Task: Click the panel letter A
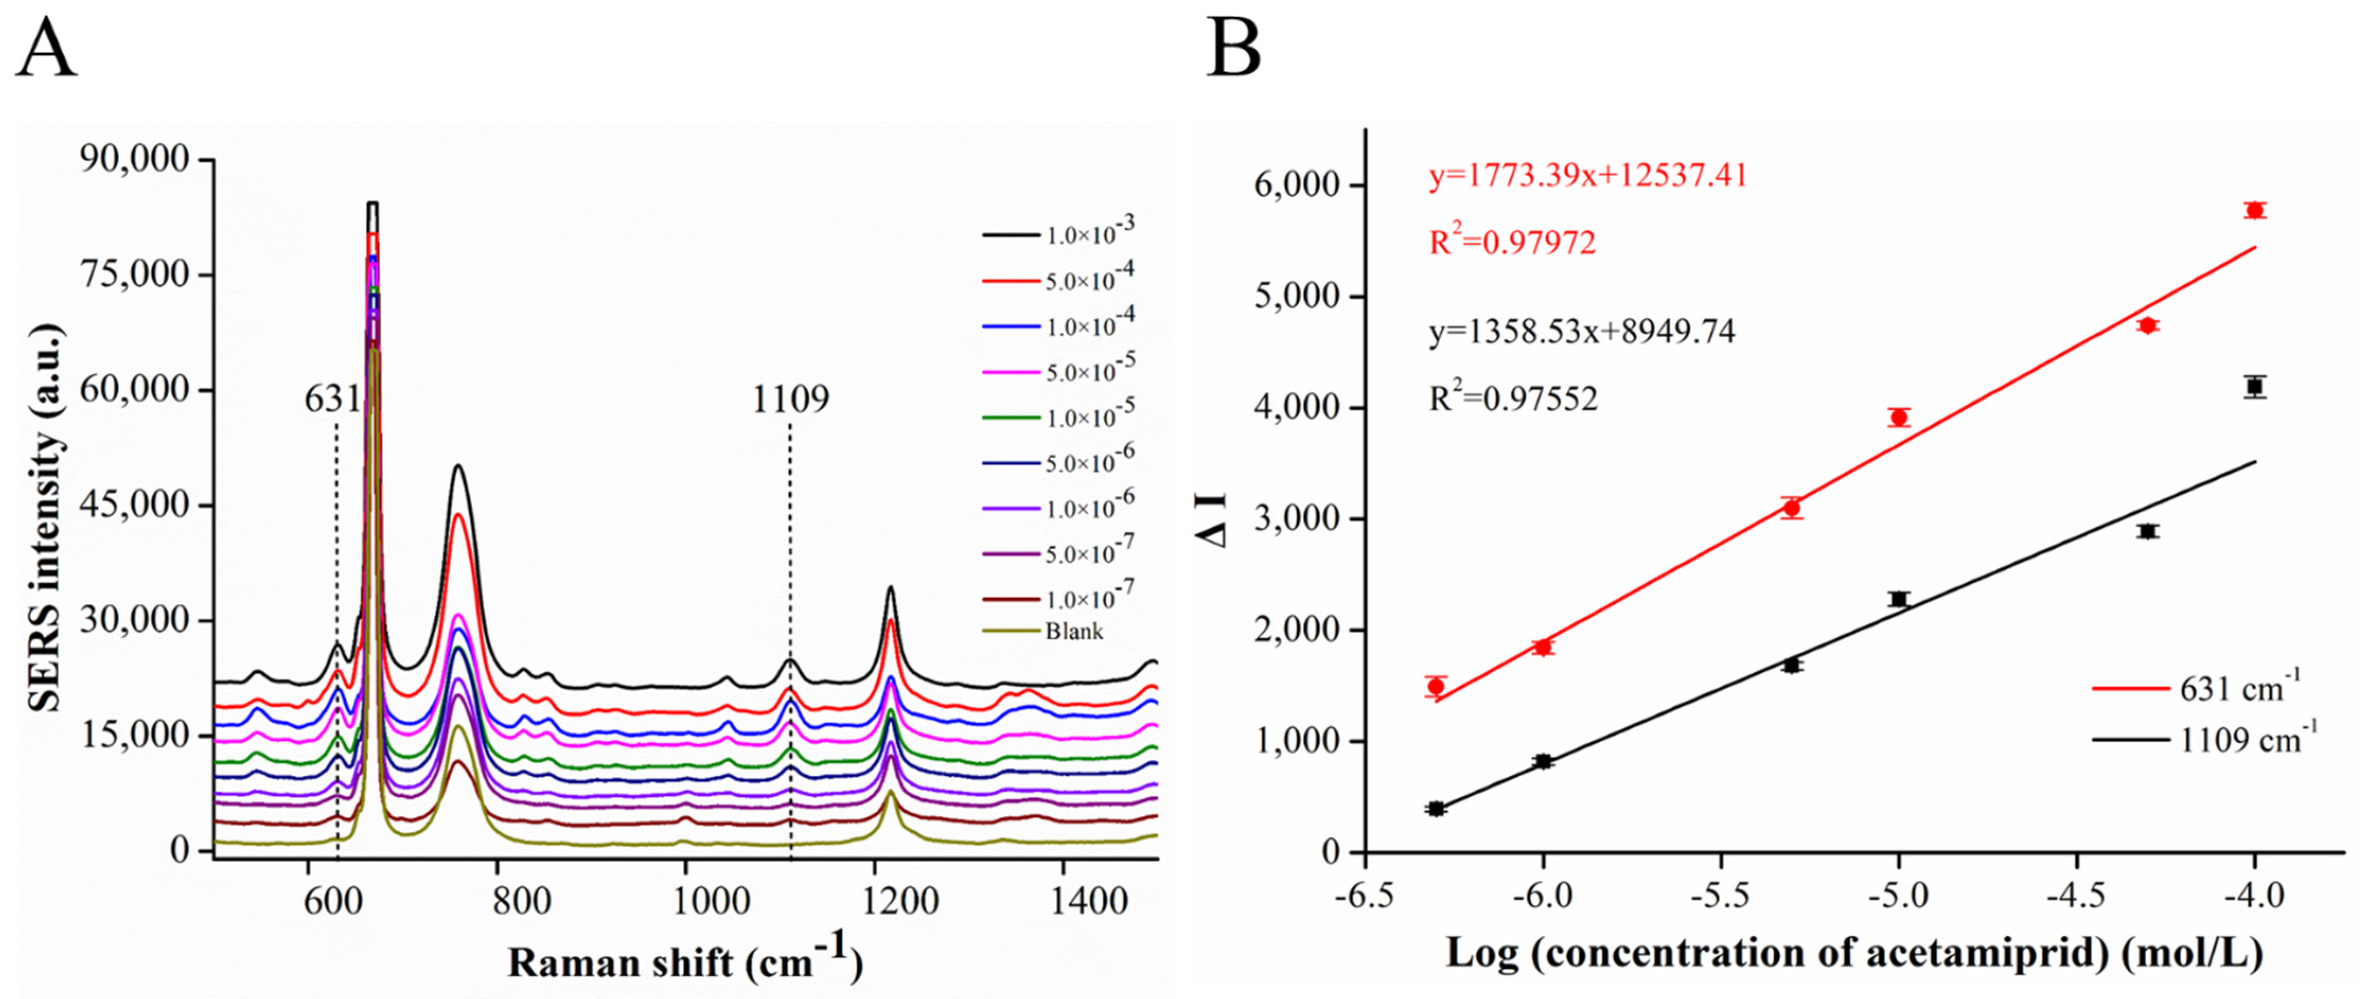tap(46, 50)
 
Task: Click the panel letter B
tap(1233, 50)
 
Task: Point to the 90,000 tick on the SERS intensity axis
tap(136, 160)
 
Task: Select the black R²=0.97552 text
tap(1513, 398)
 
